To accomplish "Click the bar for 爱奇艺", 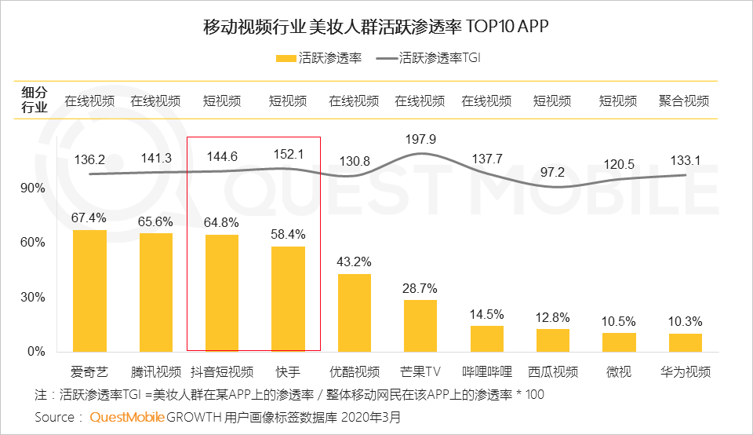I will point(89,291).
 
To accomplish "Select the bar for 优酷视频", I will point(355,313).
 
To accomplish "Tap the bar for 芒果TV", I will point(420,326).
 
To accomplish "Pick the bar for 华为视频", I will point(686,342).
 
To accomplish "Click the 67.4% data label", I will point(89,217).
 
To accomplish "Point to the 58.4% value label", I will point(288,234).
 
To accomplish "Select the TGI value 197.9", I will point(420,140).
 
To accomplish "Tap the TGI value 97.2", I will point(553,171).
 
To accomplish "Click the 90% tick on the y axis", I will point(32,188).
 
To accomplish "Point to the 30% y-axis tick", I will point(32,297).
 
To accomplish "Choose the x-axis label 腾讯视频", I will point(155,371).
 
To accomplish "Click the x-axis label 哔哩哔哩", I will point(486,371).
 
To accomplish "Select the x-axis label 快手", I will point(288,371).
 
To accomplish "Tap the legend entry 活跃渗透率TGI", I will point(438,57).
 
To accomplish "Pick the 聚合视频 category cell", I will point(685,101).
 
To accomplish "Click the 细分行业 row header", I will point(34,101).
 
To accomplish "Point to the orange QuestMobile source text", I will point(127,417).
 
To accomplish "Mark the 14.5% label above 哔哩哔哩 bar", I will point(486,315).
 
